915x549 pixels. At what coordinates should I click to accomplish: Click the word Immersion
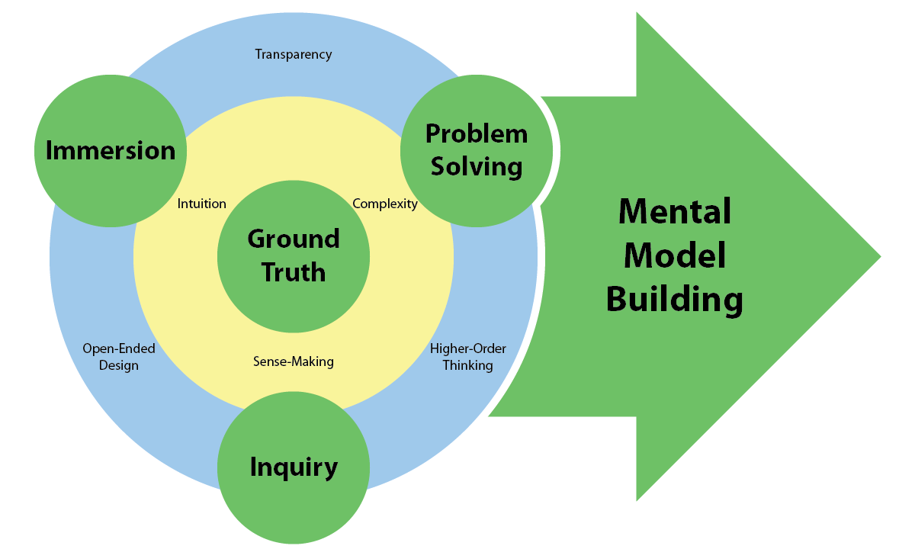tap(111, 150)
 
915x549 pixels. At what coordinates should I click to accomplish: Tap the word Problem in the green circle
tap(477, 133)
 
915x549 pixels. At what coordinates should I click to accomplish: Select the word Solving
tap(477, 166)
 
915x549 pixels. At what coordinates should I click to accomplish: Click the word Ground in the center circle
tap(294, 239)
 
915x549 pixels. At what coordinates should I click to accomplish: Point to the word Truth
tap(294, 271)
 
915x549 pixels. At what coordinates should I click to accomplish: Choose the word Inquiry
tap(294, 467)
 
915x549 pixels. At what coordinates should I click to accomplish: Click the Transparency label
tap(294, 54)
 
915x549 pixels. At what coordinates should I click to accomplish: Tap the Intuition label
tap(202, 204)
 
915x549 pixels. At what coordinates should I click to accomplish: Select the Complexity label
tap(385, 204)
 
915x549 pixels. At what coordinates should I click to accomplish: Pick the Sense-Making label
tap(294, 361)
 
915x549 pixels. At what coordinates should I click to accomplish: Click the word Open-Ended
tap(119, 348)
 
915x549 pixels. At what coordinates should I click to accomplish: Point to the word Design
tap(119, 365)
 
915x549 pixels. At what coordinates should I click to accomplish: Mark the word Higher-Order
tap(468, 348)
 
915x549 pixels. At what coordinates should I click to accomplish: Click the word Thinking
tap(468, 365)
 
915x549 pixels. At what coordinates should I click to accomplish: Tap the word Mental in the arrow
tap(675, 211)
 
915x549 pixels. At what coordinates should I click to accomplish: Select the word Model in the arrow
tap(675, 255)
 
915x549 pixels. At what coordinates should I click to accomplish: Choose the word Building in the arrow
tap(675, 300)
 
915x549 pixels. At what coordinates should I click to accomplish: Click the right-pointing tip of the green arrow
tap(879, 256)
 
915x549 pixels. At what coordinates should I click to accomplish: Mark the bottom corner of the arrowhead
tap(638, 499)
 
